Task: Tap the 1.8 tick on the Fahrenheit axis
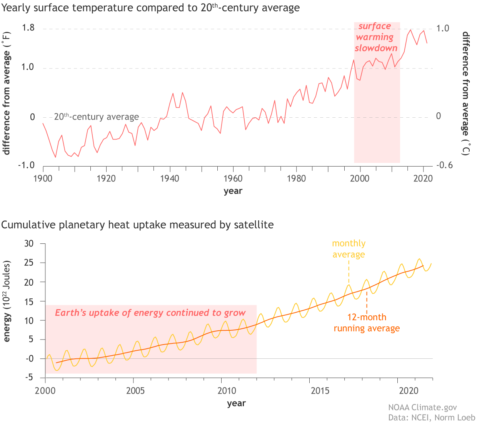point(28,28)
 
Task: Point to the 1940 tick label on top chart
point(170,178)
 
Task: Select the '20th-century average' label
point(96,117)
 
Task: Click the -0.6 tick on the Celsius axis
point(444,165)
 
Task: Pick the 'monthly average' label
point(349,249)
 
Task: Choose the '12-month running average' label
point(367,323)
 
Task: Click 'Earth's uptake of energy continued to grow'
point(150,313)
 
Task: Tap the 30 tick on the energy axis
point(29,243)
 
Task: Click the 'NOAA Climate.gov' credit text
point(422,408)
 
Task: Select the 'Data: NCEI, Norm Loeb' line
point(432,418)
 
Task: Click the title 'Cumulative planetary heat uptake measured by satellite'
point(137,225)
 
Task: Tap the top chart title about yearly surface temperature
point(150,8)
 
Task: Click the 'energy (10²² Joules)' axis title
point(7,301)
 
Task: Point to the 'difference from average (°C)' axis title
point(466,93)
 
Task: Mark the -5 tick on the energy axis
point(29,378)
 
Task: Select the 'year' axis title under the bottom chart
point(236,403)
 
